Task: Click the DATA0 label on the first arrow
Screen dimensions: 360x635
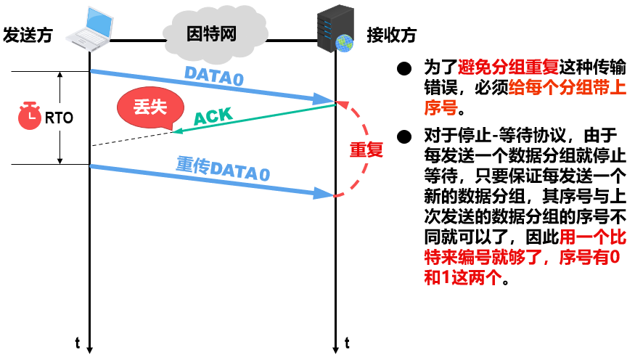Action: tap(213, 74)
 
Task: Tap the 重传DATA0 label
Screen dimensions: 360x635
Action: tap(223, 169)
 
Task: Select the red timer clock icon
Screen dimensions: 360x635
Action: tap(30, 116)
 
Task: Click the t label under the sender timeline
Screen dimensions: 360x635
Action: tap(77, 341)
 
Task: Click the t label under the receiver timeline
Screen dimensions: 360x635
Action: tap(347, 341)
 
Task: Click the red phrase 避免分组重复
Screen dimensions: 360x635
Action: tap(507, 69)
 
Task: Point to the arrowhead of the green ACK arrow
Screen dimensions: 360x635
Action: tap(175, 131)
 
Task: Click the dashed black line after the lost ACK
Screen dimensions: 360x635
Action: tap(131, 139)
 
